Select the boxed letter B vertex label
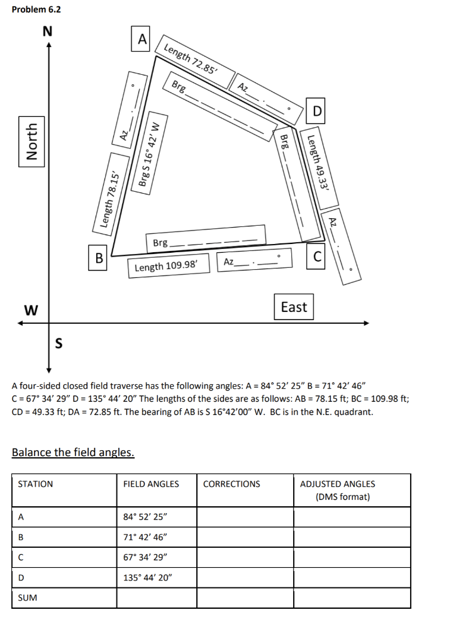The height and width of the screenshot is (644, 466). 98,258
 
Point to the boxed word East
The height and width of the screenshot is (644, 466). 294,307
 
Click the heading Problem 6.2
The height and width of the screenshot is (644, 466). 36,9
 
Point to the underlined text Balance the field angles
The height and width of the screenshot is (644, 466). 73,452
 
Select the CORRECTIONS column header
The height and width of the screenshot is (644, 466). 231,484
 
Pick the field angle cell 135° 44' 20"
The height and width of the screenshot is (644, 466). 147,577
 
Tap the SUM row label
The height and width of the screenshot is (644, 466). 27,597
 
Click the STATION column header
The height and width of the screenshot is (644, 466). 35,484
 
